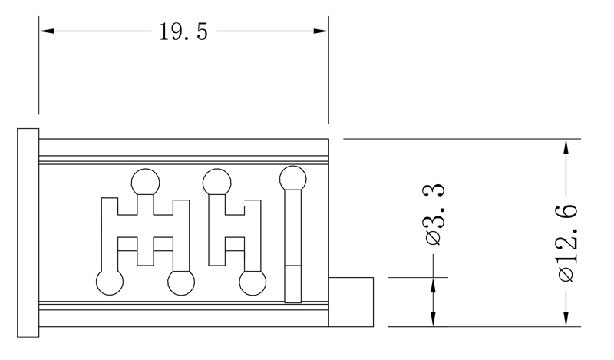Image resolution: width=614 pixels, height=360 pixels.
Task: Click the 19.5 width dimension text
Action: [x=183, y=32]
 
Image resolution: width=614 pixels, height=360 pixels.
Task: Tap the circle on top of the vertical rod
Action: [x=293, y=180]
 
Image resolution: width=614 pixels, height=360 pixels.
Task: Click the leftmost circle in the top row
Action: [x=145, y=183]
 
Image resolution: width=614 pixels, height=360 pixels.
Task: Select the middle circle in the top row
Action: [x=217, y=183]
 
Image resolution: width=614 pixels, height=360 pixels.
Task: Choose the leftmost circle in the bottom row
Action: [x=109, y=282]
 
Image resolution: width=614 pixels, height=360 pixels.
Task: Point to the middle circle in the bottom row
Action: [x=181, y=283]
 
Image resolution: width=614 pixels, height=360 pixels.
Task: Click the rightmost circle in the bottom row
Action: [x=253, y=282]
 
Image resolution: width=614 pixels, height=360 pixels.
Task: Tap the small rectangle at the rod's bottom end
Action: [x=293, y=284]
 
